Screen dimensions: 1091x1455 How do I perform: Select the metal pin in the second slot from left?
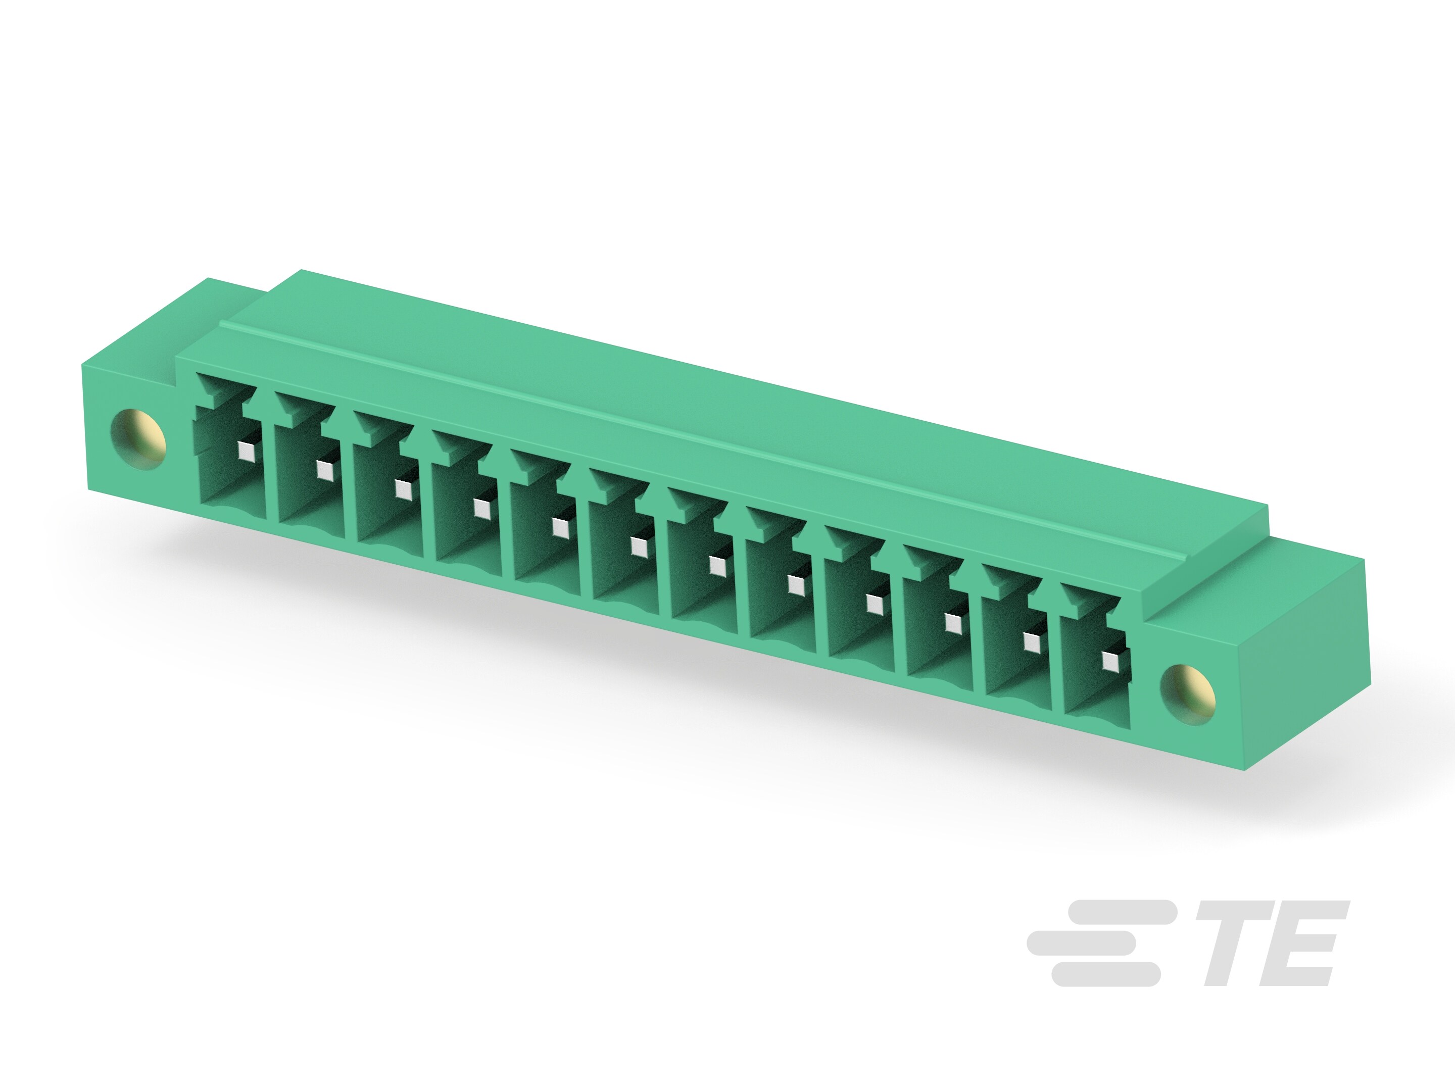click(x=324, y=469)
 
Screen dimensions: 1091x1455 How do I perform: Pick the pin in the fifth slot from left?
click(x=559, y=527)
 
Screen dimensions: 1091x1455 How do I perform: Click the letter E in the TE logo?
click(x=1305, y=944)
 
